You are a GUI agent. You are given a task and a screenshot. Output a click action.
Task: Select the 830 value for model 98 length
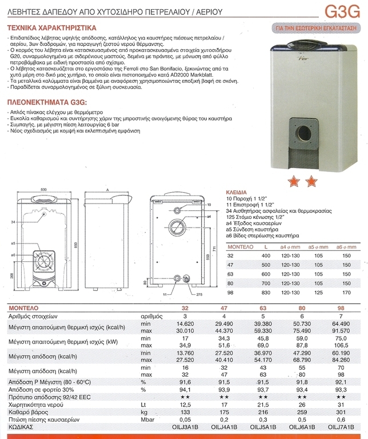[x=265, y=293]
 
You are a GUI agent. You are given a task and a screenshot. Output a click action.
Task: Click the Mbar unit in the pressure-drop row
[x=148, y=418]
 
